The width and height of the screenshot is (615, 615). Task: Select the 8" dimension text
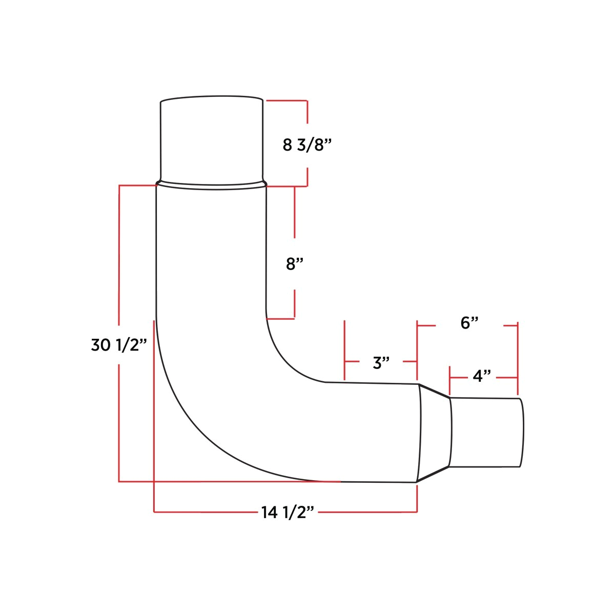click(x=295, y=264)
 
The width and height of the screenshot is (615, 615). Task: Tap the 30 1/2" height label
click(x=119, y=345)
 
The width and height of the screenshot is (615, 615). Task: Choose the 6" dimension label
click(x=469, y=323)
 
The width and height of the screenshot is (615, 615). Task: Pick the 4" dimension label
click(x=482, y=377)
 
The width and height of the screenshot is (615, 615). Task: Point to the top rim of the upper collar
click(x=212, y=97)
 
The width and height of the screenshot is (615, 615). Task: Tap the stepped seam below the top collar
click(x=211, y=185)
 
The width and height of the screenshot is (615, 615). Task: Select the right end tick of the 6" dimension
click(x=518, y=325)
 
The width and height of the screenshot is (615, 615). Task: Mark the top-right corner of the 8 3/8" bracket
click(x=307, y=100)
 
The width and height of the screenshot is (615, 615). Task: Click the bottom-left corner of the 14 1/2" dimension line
click(x=154, y=511)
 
